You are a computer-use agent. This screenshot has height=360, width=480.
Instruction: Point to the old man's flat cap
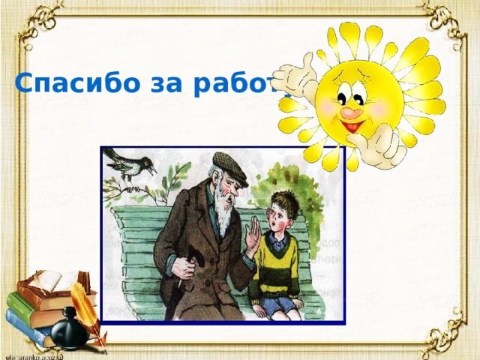tap(229, 166)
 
